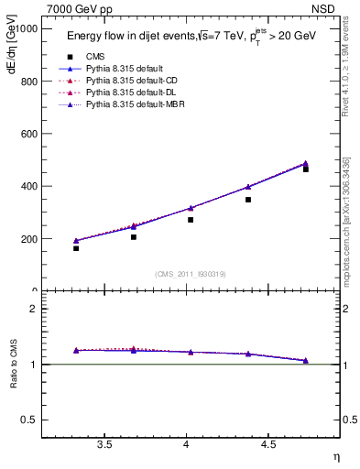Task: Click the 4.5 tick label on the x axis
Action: click(x=267, y=445)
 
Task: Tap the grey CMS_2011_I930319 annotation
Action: click(x=190, y=274)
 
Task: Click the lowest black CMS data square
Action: click(x=76, y=248)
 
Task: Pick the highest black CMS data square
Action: click(x=306, y=169)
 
